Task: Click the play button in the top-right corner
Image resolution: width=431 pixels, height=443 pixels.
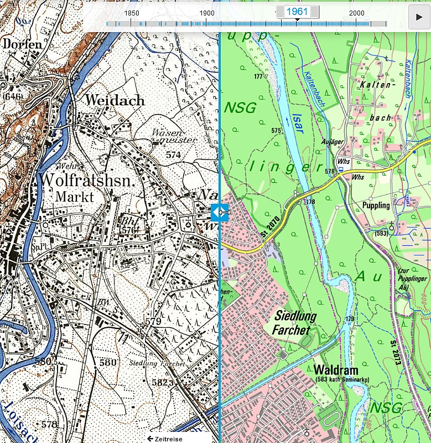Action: pyautogui.click(x=419, y=17)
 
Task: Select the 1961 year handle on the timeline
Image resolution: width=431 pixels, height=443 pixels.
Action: pyautogui.click(x=298, y=12)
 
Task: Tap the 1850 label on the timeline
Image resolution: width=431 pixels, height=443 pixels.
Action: pyautogui.click(x=131, y=13)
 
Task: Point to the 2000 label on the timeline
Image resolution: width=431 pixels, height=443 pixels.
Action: pyautogui.click(x=357, y=13)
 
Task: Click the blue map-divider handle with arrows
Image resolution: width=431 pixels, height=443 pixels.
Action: pyautogui.click(x=220, y=212)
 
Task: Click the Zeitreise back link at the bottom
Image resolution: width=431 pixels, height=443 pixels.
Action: pyautogui.click(x=164, y=439)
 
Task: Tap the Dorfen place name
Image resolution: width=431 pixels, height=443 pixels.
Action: pyautogui.click(x=22, y=44)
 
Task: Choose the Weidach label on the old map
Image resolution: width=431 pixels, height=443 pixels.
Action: pyautogui.click(x=115, y=100)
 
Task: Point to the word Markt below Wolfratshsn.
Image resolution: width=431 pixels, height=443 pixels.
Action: pyautogui.click(x=75, y=197)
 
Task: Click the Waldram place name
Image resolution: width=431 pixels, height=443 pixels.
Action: pyautogui.click(x=335, y=370)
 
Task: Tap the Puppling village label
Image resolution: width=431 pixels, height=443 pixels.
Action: pyautogui.click(x=376, y=205)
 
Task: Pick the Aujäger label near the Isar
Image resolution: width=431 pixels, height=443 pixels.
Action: pyautogui.click(x=332, y=142)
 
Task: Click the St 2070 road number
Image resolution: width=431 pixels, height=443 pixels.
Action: pyautogui.click(x=270, y=228)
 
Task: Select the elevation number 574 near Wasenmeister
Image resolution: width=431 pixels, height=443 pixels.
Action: pyautogui.click(x=173, y=155)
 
